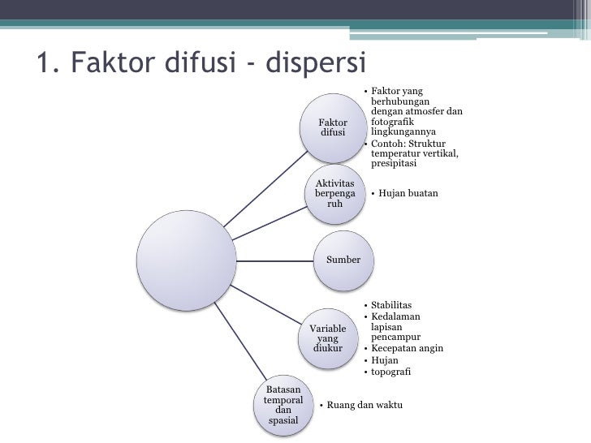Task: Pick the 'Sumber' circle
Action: pyautogui.click(x=343, y=260)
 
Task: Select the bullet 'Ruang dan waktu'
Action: pyautogui.click(x=365, y=405)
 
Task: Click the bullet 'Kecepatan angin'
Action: pyautogui.click(x=407, y=349)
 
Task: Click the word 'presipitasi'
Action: pyautogui.click(x=393, y=164)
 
